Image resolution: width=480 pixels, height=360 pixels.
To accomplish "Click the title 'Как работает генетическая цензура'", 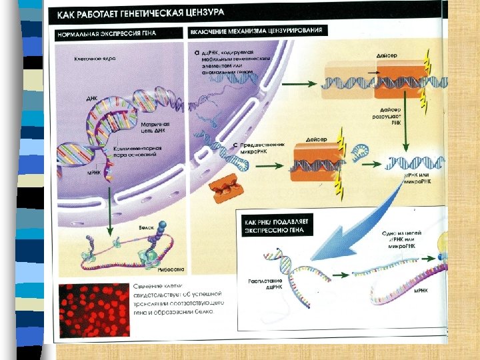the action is [150, 13].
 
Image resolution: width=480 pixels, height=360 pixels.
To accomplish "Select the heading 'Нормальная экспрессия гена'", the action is [117, 34].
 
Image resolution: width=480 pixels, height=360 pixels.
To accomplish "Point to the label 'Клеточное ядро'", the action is [95, 59].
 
